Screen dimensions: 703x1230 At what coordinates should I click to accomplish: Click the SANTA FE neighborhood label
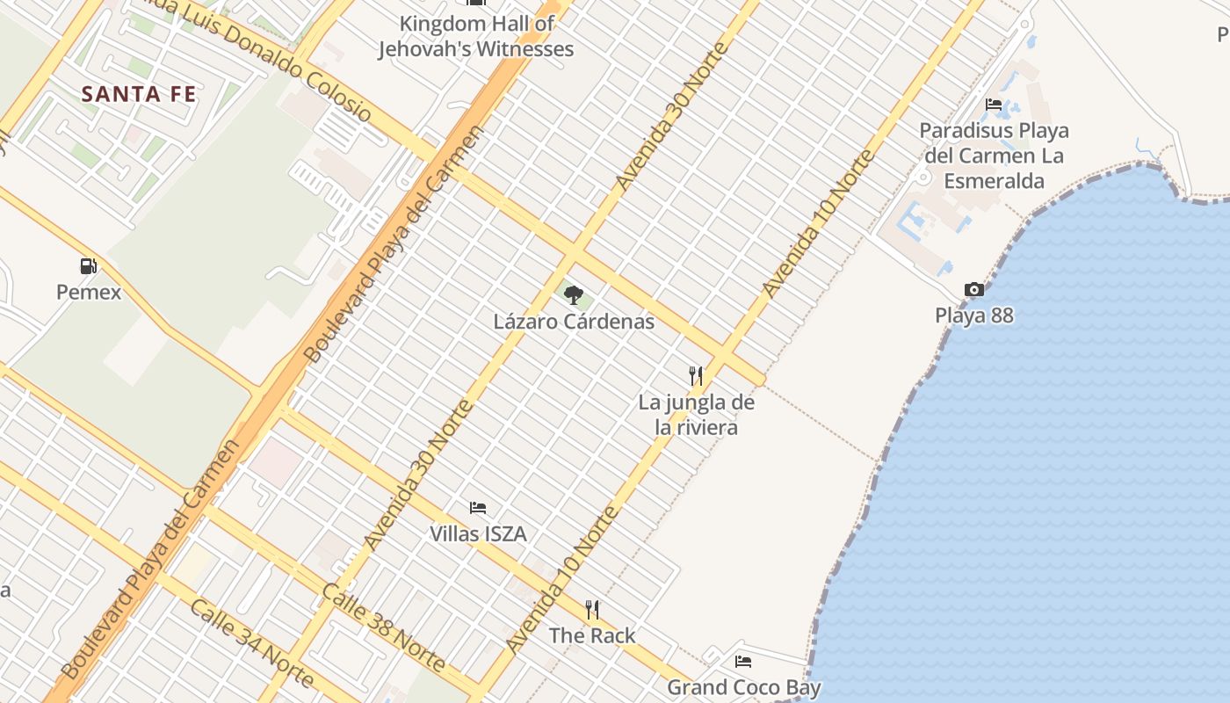(139, 94)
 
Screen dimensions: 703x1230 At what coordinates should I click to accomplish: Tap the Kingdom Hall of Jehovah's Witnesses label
(476, 37)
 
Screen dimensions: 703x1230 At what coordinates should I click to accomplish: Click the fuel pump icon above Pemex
(88, 265)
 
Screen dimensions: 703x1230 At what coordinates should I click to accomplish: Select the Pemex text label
(89, 292)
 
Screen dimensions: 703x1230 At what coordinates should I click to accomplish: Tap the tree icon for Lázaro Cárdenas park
(574, 294)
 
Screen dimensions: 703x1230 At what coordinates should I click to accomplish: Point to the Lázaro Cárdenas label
(574, 322)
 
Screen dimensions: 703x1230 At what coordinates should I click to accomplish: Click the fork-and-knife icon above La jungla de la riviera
(696, 376)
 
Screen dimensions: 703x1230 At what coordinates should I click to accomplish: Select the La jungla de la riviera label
(697, 416)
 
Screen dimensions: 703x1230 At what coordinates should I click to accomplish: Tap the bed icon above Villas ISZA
(478, 508)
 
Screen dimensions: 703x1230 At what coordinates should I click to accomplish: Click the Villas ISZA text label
(478, 533)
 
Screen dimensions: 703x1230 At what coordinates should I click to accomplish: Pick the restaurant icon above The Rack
(592, 609)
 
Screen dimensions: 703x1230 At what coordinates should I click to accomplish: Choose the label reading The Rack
(592, 635)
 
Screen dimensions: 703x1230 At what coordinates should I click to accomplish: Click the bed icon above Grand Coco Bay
(743, 662)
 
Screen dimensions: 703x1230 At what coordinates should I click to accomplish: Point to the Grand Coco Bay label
(744, 687)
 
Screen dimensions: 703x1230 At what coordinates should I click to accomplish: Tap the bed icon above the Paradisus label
(994, 105)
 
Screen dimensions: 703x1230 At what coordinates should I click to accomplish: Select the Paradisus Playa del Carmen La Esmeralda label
(994, 156)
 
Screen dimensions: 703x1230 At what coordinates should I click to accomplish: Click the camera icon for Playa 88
(973, 289)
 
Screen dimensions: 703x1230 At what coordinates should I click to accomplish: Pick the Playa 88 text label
(973, 315)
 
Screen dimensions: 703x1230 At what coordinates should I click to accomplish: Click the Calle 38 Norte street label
(384, 627)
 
